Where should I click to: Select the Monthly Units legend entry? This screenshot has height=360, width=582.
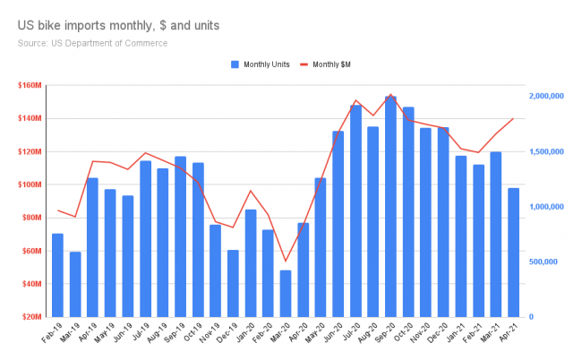pos(265,64)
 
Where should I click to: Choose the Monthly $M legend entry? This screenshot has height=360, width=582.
pos(337,64)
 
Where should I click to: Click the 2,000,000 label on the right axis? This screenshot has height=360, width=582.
pos(545,96)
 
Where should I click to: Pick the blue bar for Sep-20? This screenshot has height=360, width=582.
pos(390,206)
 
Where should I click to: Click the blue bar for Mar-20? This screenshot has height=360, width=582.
pos(286,294)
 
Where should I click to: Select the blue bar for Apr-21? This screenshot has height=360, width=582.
pos(513,253)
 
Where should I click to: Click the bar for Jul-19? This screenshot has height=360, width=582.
pos(145,238)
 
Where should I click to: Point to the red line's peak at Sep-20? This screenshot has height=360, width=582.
pos(390,94)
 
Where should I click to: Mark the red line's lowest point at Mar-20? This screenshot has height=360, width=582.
pos(286,261)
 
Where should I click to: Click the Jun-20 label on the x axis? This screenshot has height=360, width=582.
pos(335,337)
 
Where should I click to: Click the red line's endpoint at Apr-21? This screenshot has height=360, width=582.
pos(513,118)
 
